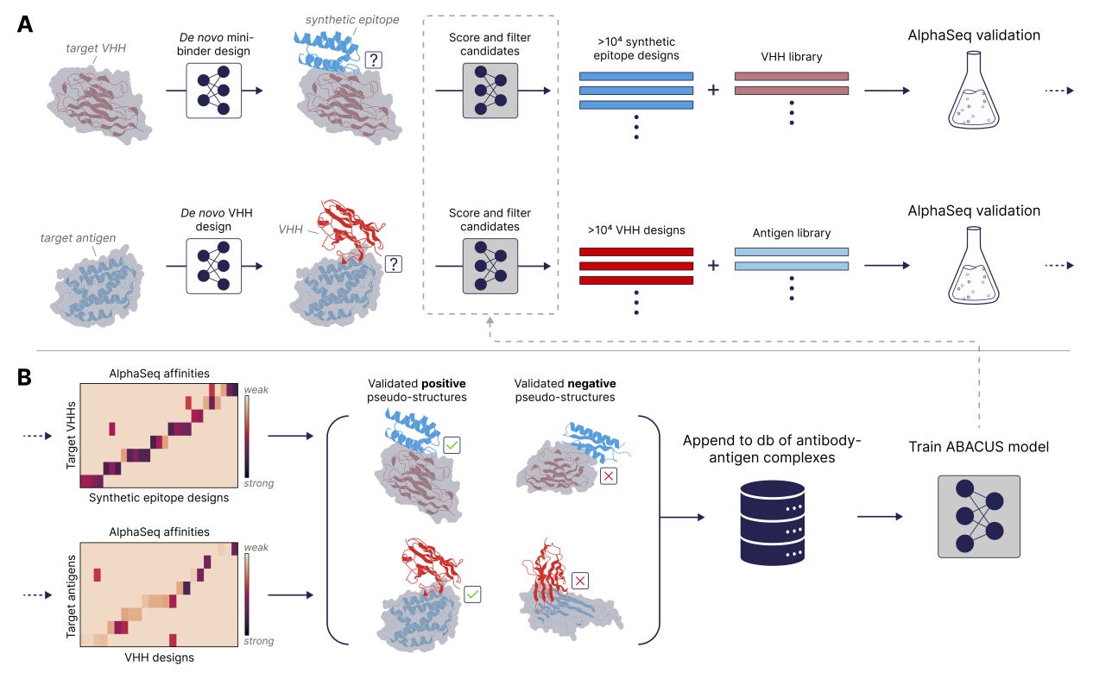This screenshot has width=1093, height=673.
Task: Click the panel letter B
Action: (x=25, y=377)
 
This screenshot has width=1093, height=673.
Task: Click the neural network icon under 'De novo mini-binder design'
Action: (x=214, y=90)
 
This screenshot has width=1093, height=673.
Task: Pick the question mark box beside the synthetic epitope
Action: (x=373, y=60)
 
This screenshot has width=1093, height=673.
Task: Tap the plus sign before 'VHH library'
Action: (x=713, y=89)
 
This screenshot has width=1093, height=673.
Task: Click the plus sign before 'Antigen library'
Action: (x=713, y=265)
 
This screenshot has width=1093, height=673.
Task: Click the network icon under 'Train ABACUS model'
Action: (x=978, y=516)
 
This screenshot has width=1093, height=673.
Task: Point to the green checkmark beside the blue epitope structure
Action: (x=452, y=445)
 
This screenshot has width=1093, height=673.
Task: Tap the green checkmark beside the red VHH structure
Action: (x=472, y=594)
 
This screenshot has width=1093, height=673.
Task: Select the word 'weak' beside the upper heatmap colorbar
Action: (x=256, y=391)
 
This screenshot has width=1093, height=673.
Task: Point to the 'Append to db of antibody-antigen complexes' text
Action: (x=771, y=449)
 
